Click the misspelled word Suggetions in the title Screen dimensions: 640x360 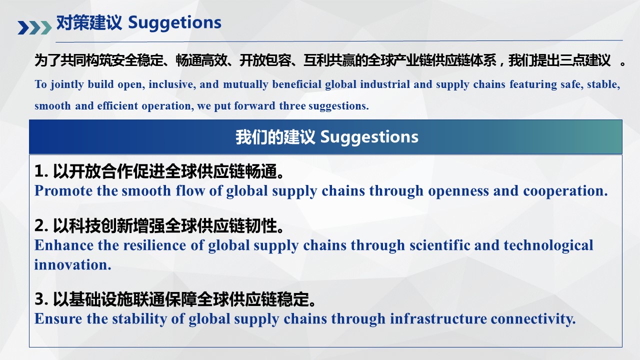coord(174,23)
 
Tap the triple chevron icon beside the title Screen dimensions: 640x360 coord(34,27)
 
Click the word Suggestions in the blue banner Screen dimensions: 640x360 coord(369,137)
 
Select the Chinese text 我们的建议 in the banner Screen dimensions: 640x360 coord(275,137)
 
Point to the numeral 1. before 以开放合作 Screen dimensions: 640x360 coord(41,171)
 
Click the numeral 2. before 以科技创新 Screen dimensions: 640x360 coord(41,225)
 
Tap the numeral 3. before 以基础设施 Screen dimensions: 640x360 coord(41,299)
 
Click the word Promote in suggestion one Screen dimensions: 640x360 coord(63,190)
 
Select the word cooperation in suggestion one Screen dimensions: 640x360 coord(565,191)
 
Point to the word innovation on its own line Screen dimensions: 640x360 coord(72,264)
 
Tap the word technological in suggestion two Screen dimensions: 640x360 coord(548,245)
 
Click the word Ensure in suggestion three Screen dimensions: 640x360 coord(58,318)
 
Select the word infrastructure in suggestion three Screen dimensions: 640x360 coord(438,318)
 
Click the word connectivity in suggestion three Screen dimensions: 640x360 coord(533,319)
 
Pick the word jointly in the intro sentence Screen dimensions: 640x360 coord(67,84)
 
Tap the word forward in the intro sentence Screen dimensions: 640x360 coord(254,106)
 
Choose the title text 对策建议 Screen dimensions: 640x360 coord(89,22)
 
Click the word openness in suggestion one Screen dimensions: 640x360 coord(458,191)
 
